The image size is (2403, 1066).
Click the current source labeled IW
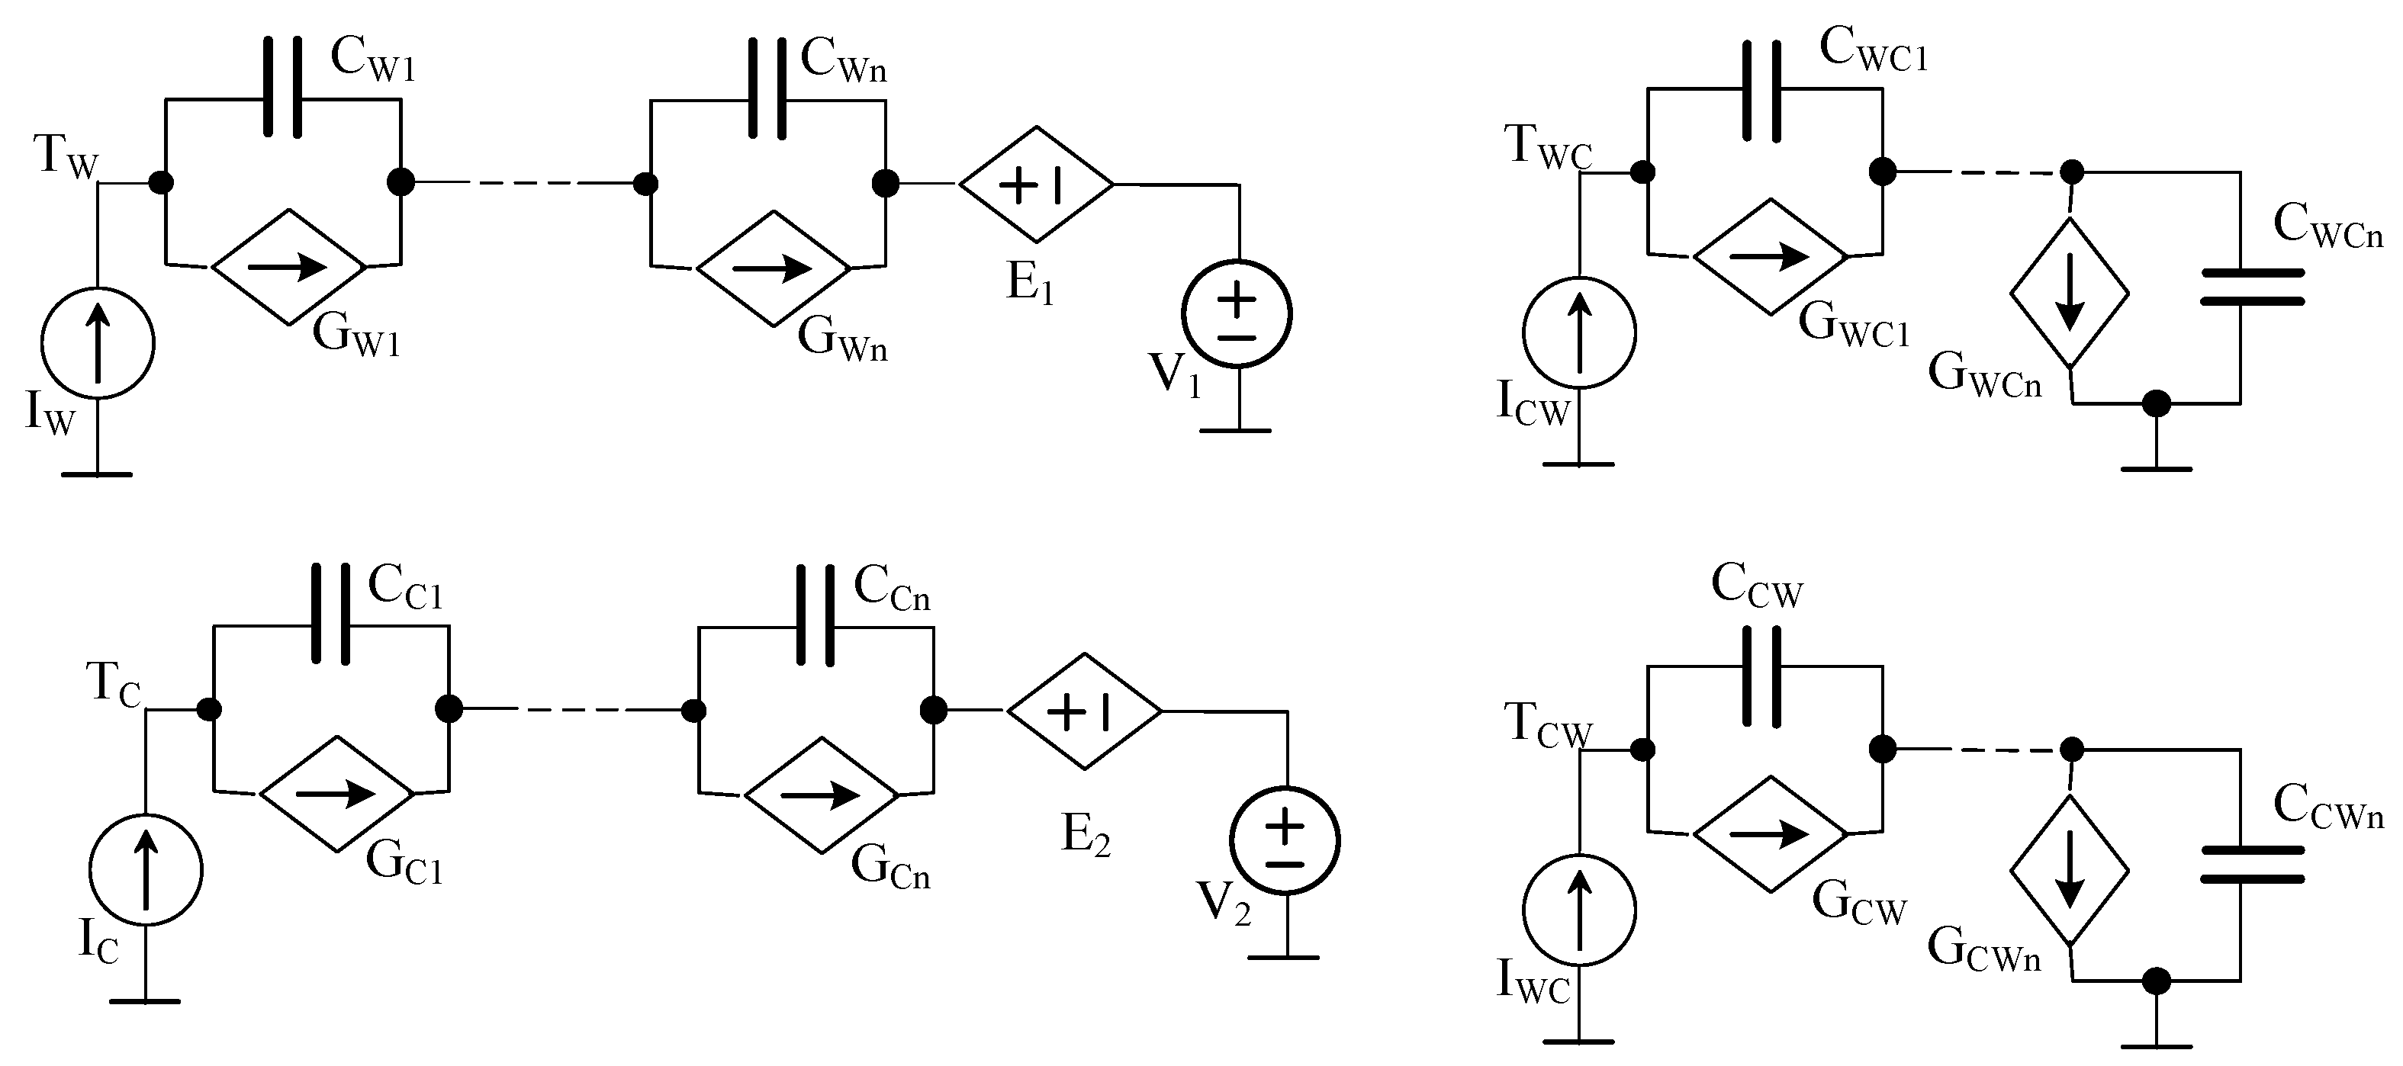(97, 343)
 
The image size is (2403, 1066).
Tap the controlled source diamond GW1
(288, 267)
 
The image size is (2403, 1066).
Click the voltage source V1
(1237, 314)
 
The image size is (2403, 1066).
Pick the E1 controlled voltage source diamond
(1037, 185)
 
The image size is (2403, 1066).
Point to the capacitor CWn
(767, 88)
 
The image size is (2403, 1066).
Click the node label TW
(66, 155)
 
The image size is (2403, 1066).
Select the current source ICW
(1578, 332)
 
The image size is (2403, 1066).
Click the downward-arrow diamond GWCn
(2069, 293)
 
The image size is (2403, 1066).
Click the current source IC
(146, 869)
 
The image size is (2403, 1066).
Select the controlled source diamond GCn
(821, 795)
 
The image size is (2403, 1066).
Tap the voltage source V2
(1285, 840)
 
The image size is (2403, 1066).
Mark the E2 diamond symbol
(1084, 711)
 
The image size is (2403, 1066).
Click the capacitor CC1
(331, 614)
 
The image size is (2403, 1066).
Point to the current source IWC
(1578, 910)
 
